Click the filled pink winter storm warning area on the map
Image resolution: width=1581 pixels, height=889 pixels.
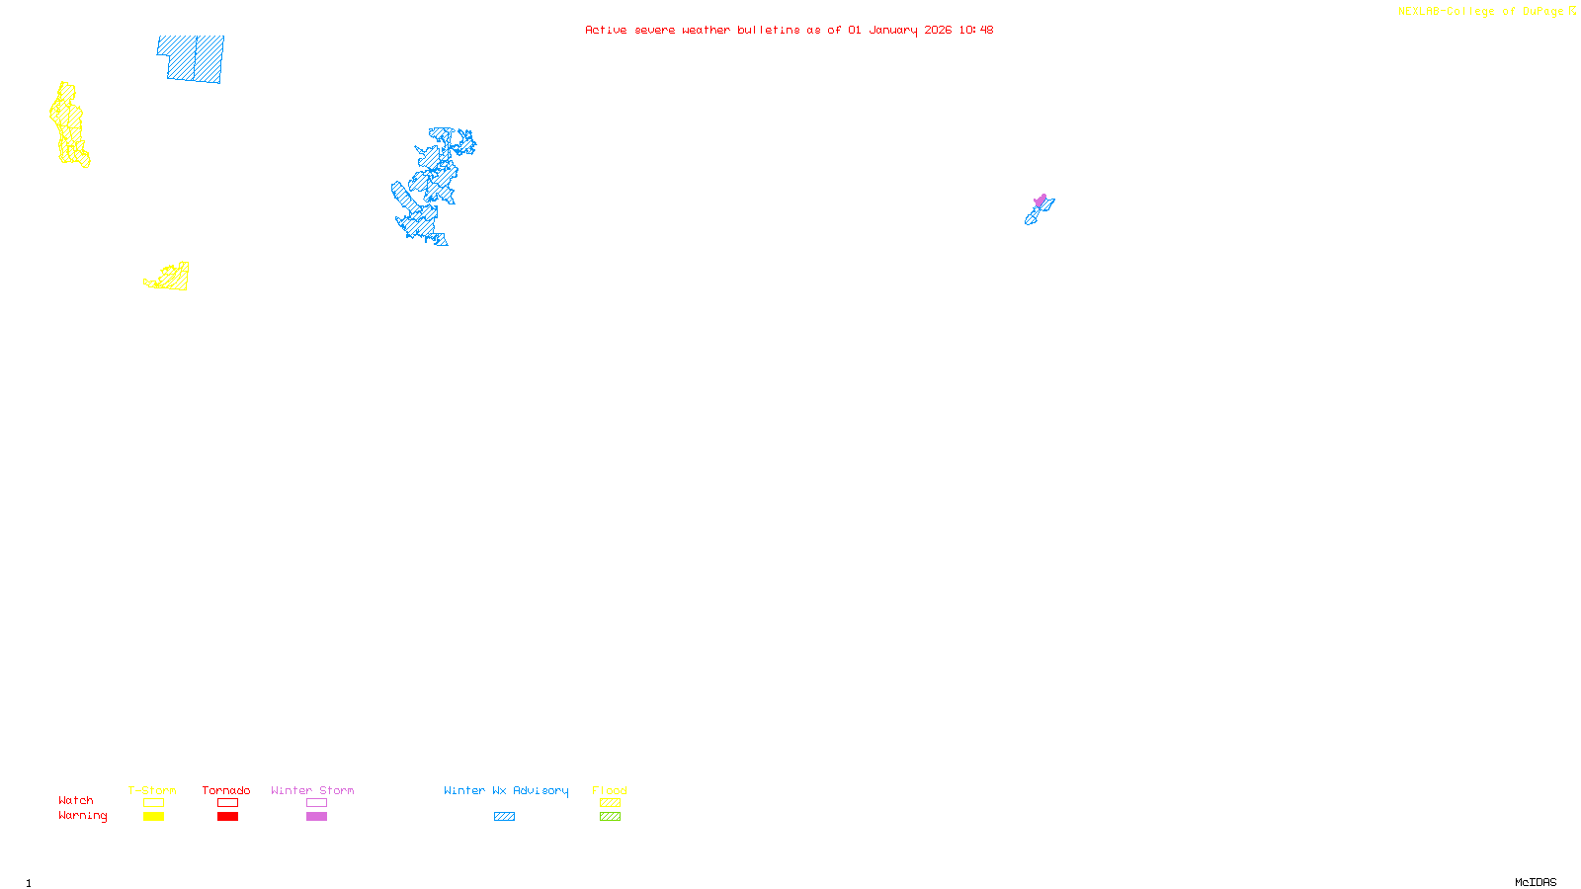(1040, 201)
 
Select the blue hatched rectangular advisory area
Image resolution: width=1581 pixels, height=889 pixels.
(191, 59)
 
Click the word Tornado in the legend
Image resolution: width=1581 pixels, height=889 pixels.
(226, 790)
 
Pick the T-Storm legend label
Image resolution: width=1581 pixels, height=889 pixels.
(152, 790)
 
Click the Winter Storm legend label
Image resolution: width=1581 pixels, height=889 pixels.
(312, 790)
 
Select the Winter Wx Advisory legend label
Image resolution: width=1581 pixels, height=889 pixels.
(506, 790)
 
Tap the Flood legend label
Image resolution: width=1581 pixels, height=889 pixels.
(610, 790)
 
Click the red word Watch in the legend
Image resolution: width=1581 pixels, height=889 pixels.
(76, 800)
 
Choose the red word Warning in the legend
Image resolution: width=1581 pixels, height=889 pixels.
(83, 816)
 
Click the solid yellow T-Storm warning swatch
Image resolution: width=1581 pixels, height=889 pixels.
(153, 817)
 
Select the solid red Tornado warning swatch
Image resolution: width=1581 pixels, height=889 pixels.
(227, 817)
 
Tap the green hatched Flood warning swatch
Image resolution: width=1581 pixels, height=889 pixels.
(610, 817)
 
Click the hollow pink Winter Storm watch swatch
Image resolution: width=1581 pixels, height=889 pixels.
(316, 803)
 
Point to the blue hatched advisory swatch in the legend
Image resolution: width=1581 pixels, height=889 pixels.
(504, 817)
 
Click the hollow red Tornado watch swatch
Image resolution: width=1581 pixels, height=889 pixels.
(227, 803)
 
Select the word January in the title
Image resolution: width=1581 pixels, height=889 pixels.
(892, 30)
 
